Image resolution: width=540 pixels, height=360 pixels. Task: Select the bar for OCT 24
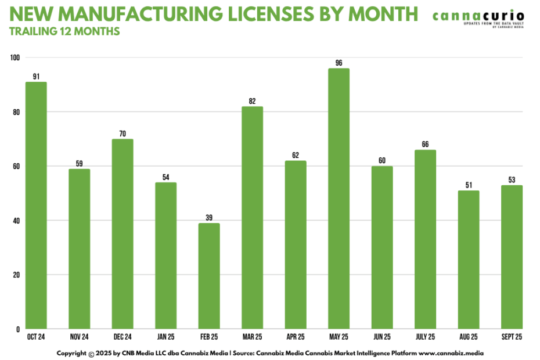[x=36, y=206]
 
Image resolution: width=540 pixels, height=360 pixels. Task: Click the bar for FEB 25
[x=209, y=276]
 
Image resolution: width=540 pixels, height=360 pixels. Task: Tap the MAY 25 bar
[x=339, y=199]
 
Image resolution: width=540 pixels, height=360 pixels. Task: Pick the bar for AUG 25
[x=469, y=260]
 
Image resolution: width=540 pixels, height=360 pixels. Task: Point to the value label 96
[x=339, y=63]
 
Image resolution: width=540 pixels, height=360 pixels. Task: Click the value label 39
[x=209, y=218]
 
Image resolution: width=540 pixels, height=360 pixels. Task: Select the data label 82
[x=252, y=101]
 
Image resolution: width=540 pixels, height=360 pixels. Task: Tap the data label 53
[x=512, y=180]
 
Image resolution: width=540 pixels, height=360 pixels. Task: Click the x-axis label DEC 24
[x=123, y=336]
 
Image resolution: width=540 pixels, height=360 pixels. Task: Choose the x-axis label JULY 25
[x=425, y=336]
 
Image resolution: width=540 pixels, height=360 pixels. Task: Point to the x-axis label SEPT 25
[x=512, y=336]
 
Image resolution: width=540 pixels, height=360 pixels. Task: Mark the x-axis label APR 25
[x=296, y=336]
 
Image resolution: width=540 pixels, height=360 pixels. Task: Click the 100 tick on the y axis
[x=15, y=57]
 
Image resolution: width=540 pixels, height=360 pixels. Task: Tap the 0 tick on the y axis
[x=18, y=329]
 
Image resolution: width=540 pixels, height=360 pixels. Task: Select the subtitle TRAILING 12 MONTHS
[x=64, y=31]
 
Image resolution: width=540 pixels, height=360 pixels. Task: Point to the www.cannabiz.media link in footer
[x=455, y=353]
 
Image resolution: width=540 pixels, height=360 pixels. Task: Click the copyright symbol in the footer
[x=91, y=353]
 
